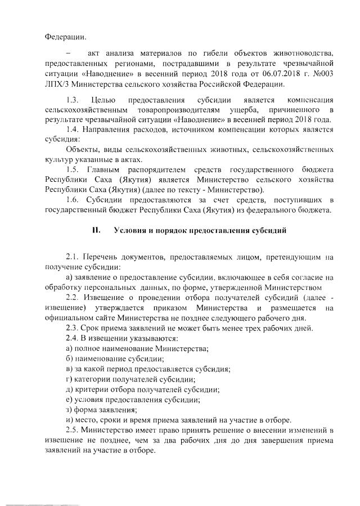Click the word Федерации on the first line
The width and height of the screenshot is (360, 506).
point(66,38)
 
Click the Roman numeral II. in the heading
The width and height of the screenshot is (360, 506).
point(96,231)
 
